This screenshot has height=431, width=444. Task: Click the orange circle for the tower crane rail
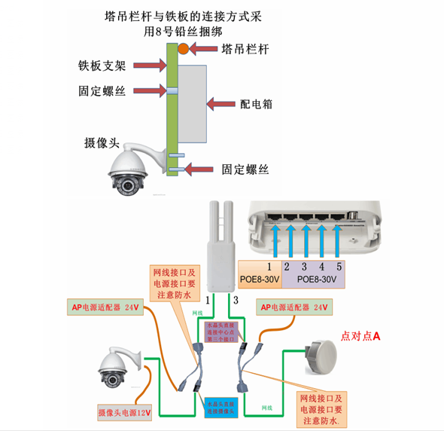(183, 50)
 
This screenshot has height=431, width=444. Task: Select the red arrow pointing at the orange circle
(204, 50)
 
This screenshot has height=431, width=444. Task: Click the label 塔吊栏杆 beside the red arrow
(245, 50)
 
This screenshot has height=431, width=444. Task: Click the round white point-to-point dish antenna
(322, 355)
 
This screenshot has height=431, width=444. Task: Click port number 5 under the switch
(339, 266)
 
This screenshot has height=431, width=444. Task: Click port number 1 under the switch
(268, 266)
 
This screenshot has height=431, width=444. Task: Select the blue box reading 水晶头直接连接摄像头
(221, 408)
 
